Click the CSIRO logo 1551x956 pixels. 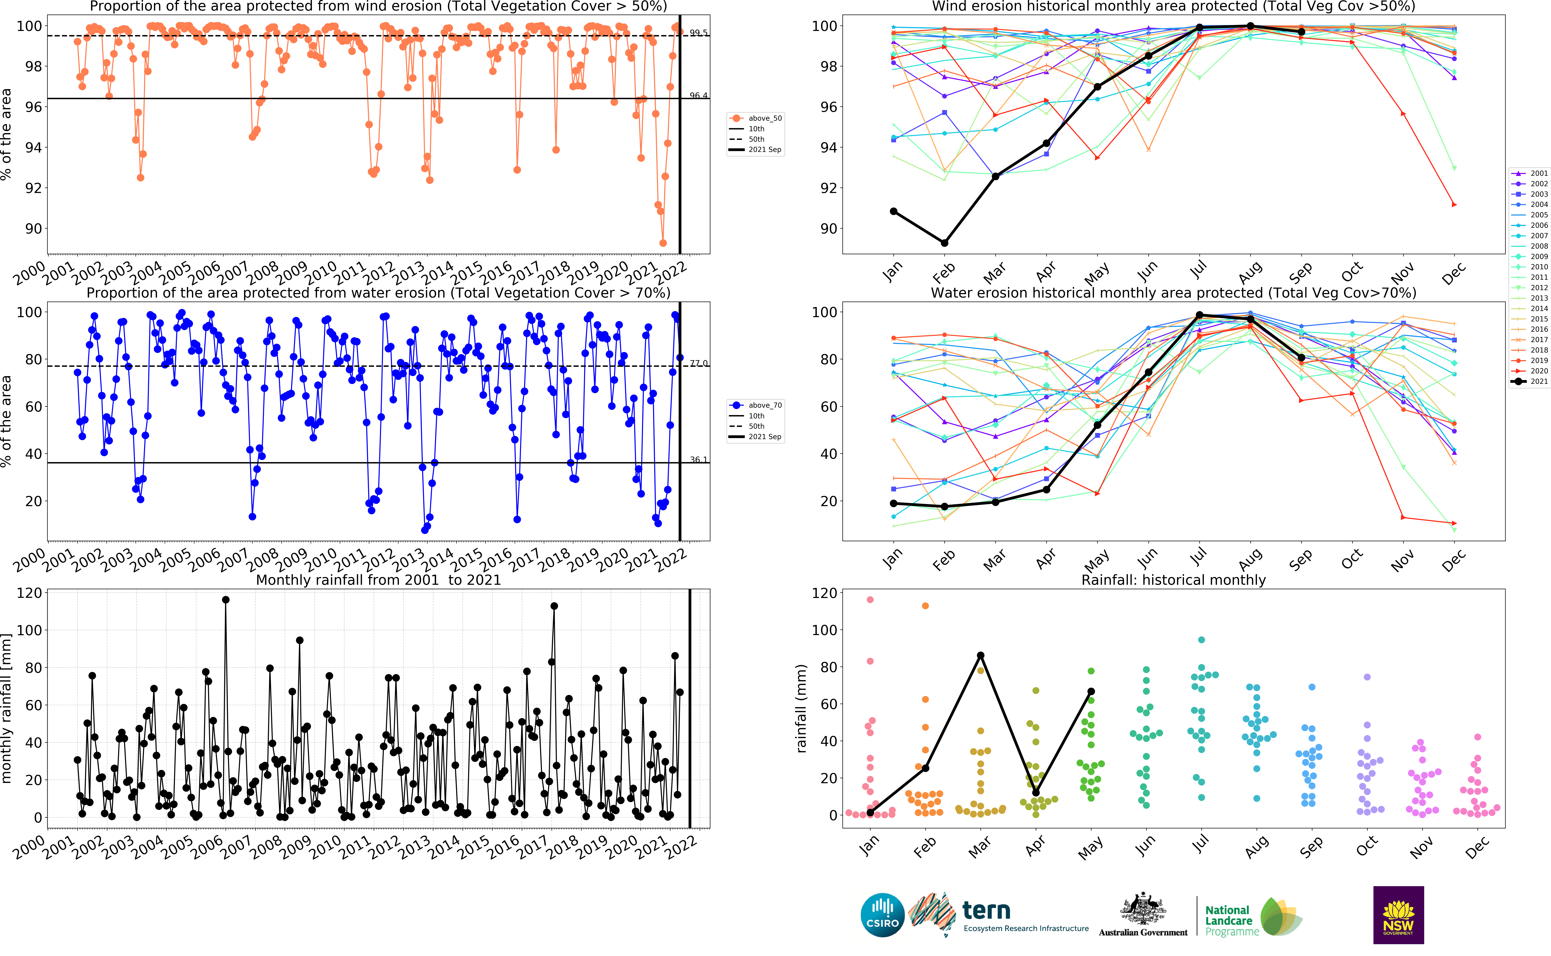(x=882, y=915)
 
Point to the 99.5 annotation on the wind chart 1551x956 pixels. (x=698, y=33)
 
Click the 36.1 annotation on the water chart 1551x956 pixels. (x=698, y=460)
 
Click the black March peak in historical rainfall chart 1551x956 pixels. (x=980, y=656)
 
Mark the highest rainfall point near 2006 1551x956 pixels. (x=226, y=599)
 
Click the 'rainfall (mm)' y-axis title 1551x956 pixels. (x=801, y=708)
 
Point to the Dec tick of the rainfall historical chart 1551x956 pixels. (x=1477, y=848)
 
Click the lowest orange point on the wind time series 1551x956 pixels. (x=663, y=243)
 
